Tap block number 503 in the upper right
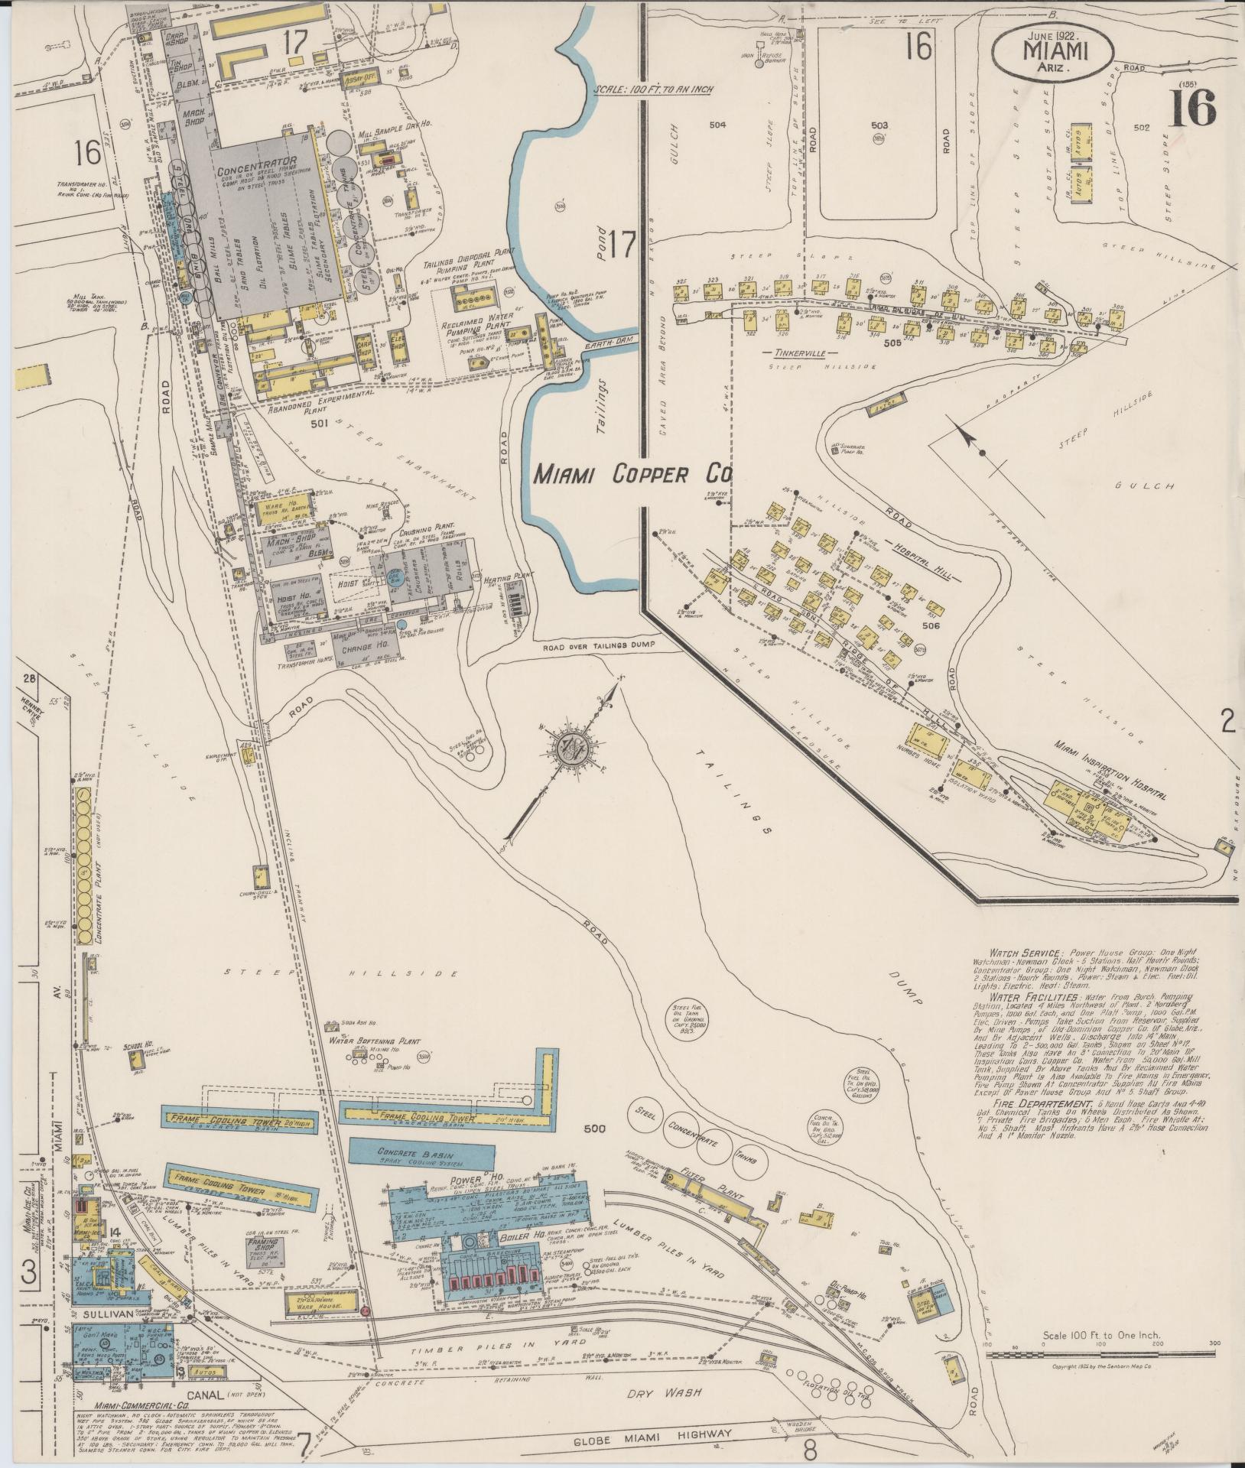click(879, 125)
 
